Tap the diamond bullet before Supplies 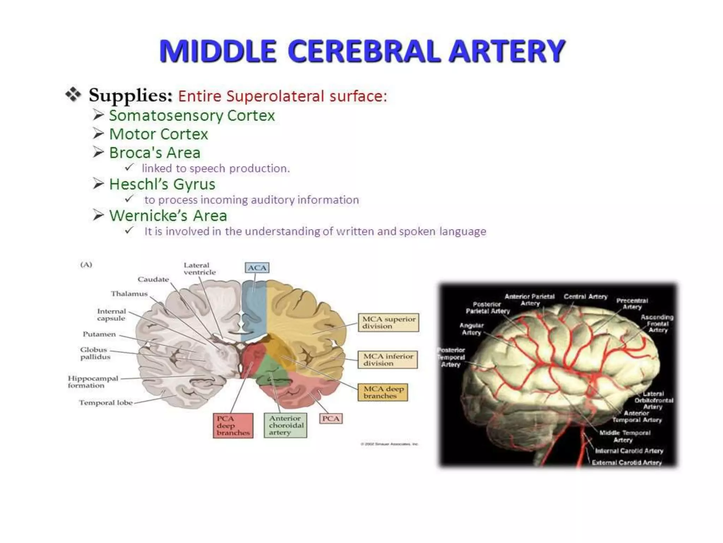(x=73, y=95)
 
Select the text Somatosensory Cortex (x=192, y=116)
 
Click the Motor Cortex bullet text (x=159, y=134)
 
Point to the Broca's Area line (x=155, y=153)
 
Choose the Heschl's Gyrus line (x=162, y=184)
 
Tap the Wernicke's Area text (x=168, y=216)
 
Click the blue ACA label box (x=257, y=268)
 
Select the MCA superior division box (x=388, y=322)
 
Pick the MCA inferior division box (x=388, y=360)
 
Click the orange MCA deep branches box (x=383, y=392)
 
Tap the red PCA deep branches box (x=233, y=426)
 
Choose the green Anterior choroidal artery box (x=286, y=426)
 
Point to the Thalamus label (x=129, y=294)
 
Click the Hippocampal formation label (x=93, y=382)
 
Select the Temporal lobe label (x=106, y=403)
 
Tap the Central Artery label (x=585, y=297)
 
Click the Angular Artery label (x=471, y=329)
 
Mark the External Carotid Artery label (x=627, y=462)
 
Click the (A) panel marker (x=86, y=265)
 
